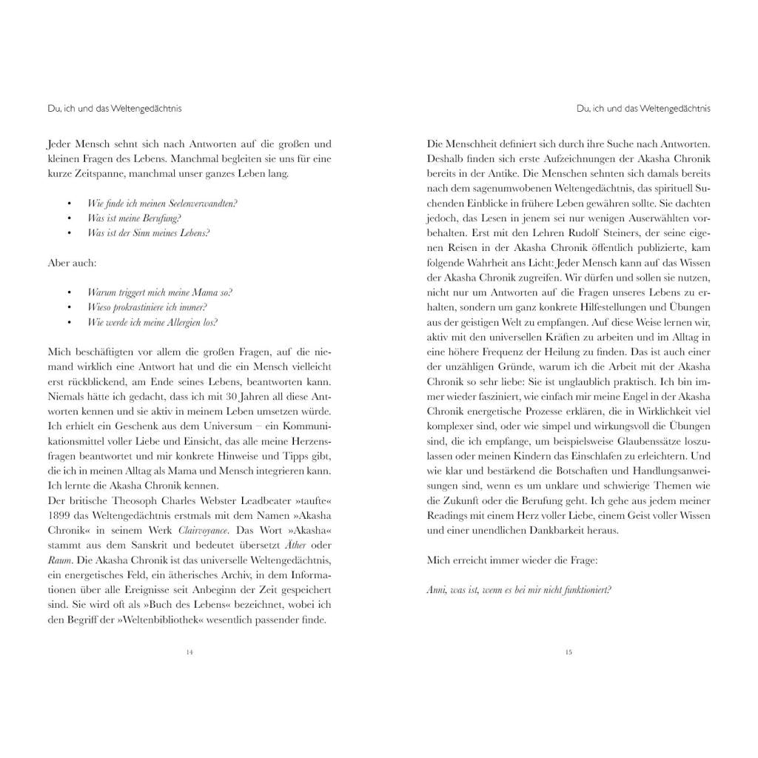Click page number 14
[x=189, y=652]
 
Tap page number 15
[x=568, y=652]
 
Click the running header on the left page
[x=114, y=108]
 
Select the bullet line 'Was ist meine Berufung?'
[x=134, y=218]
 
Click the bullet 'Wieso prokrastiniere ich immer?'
[x=147, y=307]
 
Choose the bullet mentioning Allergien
[x=152, y=322]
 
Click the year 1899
[x=61, y=516]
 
